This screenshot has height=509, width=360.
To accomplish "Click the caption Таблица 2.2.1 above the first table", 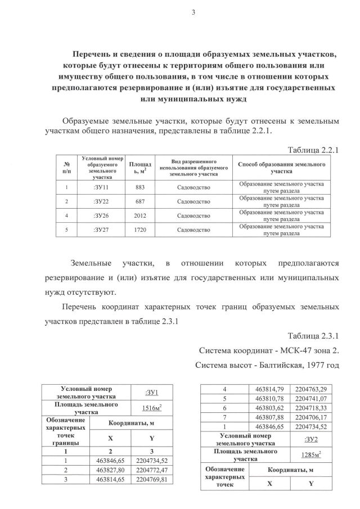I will coord(314,150).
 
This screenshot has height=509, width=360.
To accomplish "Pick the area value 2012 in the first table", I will coord(140,215).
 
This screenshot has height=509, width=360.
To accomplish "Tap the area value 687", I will coord(140,201).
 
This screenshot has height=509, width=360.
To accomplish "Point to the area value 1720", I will coord(140,230).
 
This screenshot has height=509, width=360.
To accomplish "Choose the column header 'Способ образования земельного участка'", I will coord(281,167).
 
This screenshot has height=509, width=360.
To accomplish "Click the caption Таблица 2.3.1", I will coord(314,336).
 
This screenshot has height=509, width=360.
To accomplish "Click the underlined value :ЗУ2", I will coord(310,439).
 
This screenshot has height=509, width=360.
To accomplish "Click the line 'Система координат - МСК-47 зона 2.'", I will coord(271,350).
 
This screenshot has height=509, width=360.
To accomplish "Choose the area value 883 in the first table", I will coord(140,187).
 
